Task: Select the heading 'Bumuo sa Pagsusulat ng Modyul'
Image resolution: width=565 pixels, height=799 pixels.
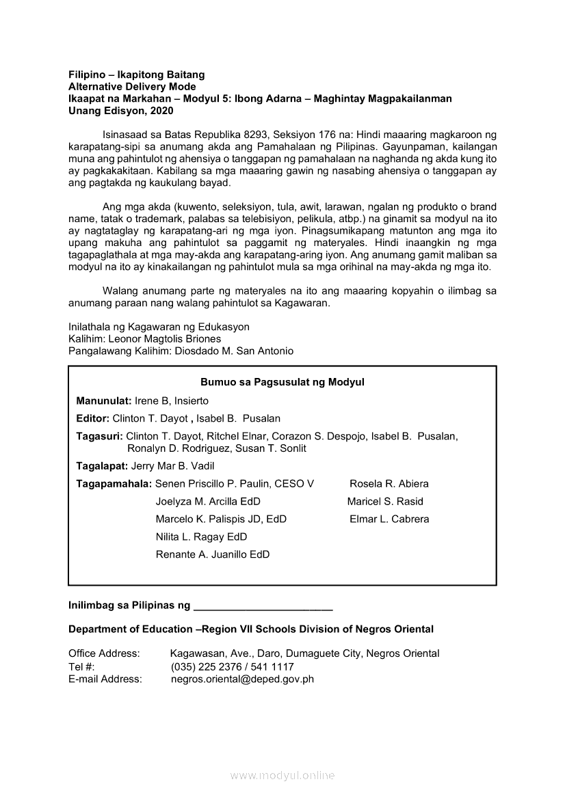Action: pyautogui.click(x=282, y=382)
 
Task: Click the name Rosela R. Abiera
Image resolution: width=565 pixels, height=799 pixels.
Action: pyautogui.click(x=389, y=484)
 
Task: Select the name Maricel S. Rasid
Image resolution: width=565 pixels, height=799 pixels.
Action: pyautogui.click(x=385, y=502)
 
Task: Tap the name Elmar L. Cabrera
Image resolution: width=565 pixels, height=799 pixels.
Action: pyautogui.click(x=389, y=519)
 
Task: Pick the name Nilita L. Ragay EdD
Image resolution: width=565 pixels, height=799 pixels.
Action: pyautogui.click(x=201, y=537)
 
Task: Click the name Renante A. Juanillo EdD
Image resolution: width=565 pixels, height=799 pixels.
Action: pyautogui.click(x=213, y=555)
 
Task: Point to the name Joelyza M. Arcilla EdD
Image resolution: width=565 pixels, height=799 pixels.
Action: pyautogui.click(x=208, y=502)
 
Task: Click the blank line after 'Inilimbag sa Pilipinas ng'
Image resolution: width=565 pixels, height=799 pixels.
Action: pyautogui.click(x=263, y=606)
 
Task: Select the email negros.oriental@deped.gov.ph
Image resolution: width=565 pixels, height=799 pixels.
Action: pyautogui.click(x=242, y=679)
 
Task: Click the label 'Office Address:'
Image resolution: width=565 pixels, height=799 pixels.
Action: pyautogui.click(x=104, y=654)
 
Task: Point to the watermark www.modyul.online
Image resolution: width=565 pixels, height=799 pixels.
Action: pyautogui.click(x=282, y=776)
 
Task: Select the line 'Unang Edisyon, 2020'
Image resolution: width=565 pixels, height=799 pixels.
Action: pyautogui.click(x=121, y=111)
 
